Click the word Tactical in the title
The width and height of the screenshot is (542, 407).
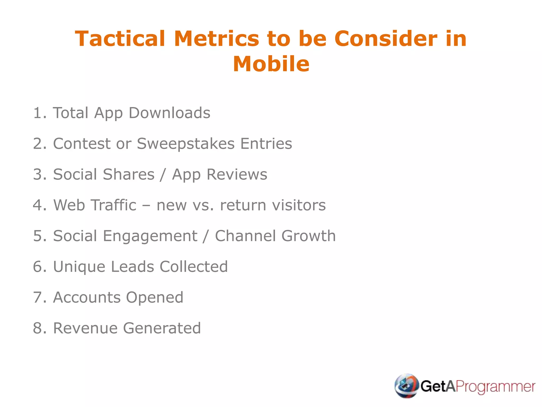(x=120, y=39)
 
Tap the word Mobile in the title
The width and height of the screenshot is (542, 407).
(x=271, y=64)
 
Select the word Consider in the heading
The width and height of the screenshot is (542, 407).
(x=386, y=39)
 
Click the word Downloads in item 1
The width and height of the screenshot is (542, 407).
(x=169, y=113)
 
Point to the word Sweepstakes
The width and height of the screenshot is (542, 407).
(x=186, y=144)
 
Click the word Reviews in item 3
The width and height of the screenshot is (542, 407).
(x=237, y=174)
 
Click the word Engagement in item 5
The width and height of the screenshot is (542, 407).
(x=150, y=236)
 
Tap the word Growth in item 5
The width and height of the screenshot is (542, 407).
(x=308, y=236)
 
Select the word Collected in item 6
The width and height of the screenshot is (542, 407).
(x=193, y=267)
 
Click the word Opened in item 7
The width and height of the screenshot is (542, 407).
(x=155, y=298)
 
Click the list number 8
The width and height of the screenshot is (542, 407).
(x=38, y=328)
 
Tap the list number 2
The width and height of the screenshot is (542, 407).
(x=38, y=144)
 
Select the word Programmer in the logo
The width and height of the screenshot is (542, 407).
(x=495, y=387)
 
